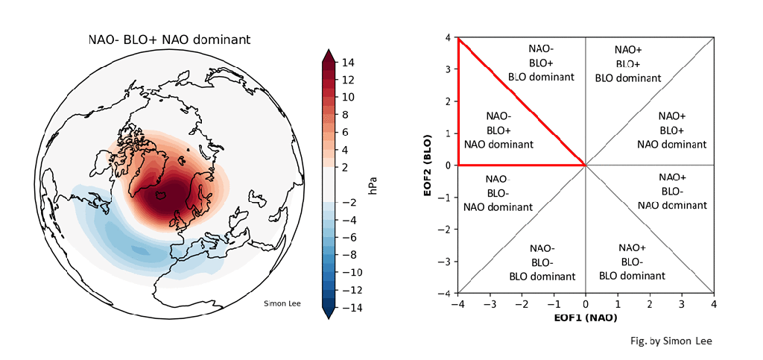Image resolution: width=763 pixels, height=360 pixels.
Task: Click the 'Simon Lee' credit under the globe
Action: [x=282, y=303]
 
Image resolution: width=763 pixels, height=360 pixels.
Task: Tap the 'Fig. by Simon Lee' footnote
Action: [x=670, y=341]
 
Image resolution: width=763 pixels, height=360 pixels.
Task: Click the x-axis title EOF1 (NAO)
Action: [x=585, y=318]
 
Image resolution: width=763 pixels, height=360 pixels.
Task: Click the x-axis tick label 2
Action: [x=650, y=305]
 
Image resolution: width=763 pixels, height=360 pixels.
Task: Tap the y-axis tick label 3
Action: [x=449, y=69]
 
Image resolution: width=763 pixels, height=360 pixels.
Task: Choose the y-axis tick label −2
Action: [x=446, y=229]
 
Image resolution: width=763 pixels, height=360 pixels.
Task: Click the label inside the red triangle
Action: [x=498, y=130]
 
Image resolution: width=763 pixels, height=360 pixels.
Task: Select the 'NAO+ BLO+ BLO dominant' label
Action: [x=628, y=63]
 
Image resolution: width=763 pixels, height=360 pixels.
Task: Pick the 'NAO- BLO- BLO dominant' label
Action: [x=542, y=262]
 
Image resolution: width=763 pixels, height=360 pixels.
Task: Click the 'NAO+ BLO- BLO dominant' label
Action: [x=632, y=261]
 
